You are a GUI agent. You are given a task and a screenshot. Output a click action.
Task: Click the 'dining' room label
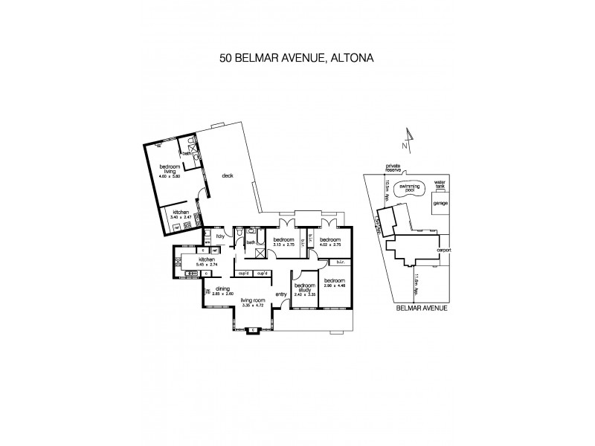223,289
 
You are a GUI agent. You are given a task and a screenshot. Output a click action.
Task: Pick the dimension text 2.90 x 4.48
332,285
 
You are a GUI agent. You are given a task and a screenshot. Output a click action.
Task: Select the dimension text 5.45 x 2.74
207,264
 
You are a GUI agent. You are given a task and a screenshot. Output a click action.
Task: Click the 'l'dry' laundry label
220,236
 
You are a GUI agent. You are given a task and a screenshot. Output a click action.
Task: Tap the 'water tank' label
440,183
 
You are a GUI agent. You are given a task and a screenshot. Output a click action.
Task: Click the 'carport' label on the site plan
445,251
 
